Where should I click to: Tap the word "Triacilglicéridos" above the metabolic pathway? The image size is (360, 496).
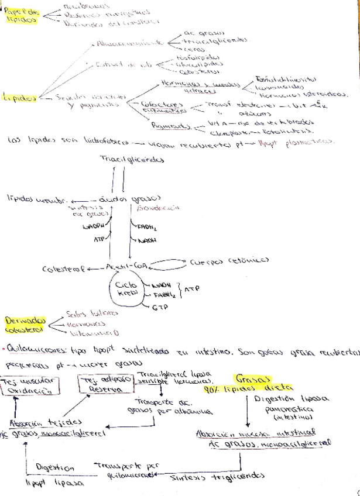(132, 160)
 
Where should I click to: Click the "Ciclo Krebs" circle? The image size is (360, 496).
(125, 291)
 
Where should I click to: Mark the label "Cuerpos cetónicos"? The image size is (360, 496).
(229, 261)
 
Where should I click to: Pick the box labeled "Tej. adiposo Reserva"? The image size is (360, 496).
(105, 385)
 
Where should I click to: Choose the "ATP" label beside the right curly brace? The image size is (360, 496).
(192, 289)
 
